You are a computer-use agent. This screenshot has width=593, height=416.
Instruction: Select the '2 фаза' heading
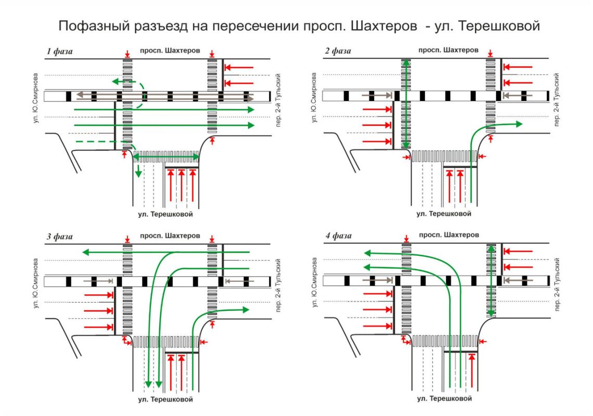click(337, 51)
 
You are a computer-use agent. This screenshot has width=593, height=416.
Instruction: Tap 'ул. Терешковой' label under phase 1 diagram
click(166, 214)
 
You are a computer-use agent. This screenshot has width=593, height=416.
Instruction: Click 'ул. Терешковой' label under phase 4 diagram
click(444, 399)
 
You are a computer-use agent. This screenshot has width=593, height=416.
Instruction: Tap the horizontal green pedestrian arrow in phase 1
click(167, 157)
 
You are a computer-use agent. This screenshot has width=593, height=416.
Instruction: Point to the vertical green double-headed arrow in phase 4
click(491, 281)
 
